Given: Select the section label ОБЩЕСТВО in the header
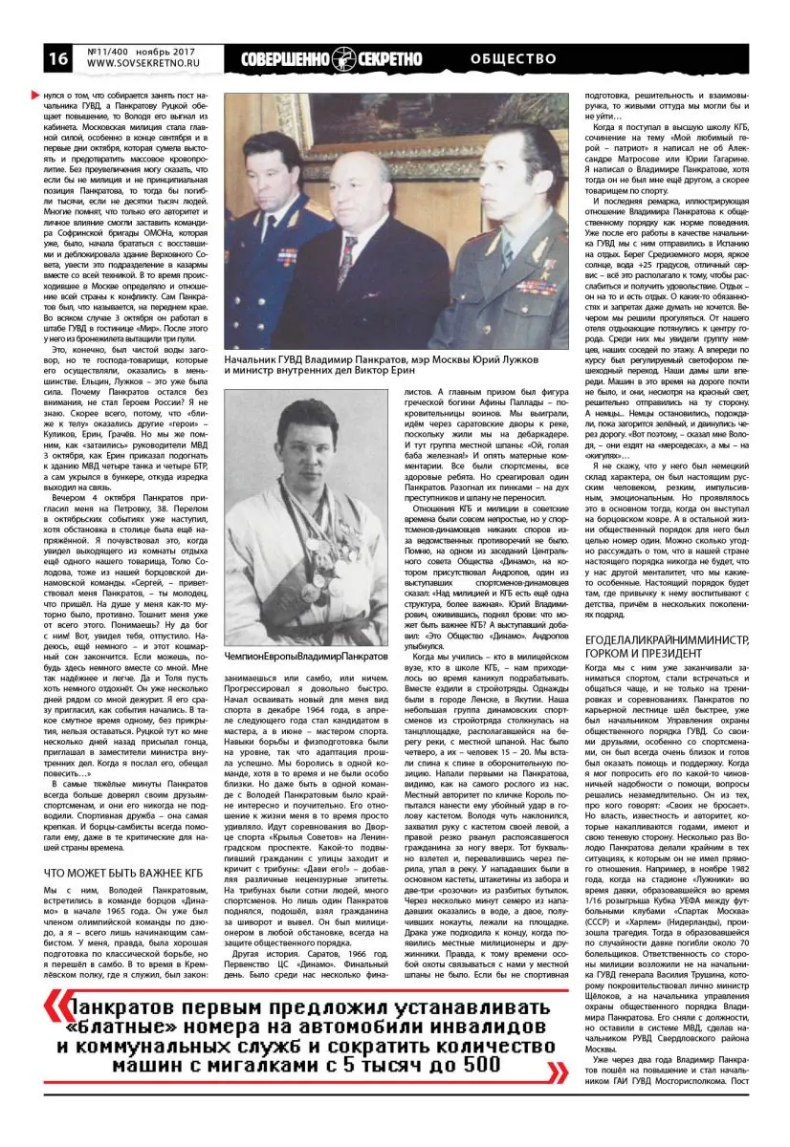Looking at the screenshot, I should coord(514,58).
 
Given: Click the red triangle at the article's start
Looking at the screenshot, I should coord(35,97).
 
